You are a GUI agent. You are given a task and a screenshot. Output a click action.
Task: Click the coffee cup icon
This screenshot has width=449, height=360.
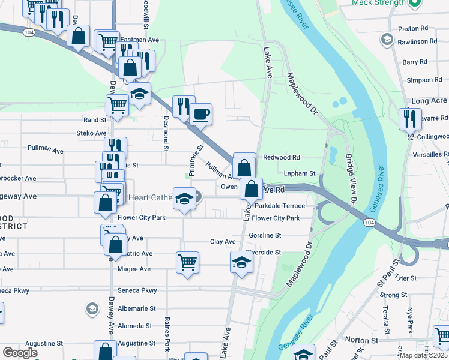click(201, 113)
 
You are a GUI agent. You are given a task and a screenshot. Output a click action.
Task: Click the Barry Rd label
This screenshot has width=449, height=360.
click(414, 62)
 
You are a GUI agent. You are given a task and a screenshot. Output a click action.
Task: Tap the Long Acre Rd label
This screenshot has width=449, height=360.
click(429, 101)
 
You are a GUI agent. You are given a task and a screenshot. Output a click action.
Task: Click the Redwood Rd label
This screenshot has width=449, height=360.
click(281, 157)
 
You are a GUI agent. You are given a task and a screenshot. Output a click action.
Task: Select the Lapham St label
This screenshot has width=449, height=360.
click(300, 173)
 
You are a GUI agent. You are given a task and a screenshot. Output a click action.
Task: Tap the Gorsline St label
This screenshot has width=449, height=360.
click(265, 236)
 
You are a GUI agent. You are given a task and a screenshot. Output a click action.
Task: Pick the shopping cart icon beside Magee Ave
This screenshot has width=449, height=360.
click(187, 262)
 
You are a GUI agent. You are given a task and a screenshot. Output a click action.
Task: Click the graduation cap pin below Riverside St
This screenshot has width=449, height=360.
click(241, 262)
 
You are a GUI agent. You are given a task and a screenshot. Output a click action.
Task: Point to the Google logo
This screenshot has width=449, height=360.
click(20, 353)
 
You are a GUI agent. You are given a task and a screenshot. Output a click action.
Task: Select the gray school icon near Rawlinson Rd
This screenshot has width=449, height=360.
click(387, 40)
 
